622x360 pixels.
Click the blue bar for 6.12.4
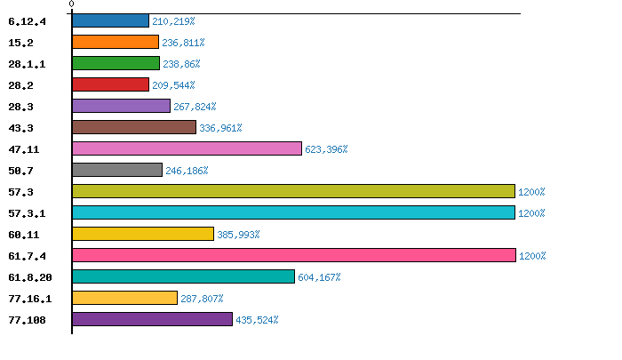coord(110,20)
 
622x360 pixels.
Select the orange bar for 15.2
coord(116,42)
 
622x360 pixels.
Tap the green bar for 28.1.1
coord(116,63)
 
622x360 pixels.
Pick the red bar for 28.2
coord(110,84)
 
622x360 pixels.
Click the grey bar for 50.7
coord(117,170)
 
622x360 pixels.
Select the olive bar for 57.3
coord(293,191)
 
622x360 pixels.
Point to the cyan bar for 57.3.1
coord(293,212)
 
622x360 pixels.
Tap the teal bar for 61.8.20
coord(183,276)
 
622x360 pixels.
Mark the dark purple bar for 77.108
coord(152,319)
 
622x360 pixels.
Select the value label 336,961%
coord(220,128)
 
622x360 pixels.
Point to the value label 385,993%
coord(238,235)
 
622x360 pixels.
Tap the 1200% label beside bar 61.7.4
coord(531,256)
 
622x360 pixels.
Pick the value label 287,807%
coord(202,299)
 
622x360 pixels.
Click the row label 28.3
coord(20,106)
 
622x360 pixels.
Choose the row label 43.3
coord(20,127)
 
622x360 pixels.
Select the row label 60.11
coord(22,234)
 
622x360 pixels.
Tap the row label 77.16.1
coord(29,298)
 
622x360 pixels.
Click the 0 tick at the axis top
coord(71,4)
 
